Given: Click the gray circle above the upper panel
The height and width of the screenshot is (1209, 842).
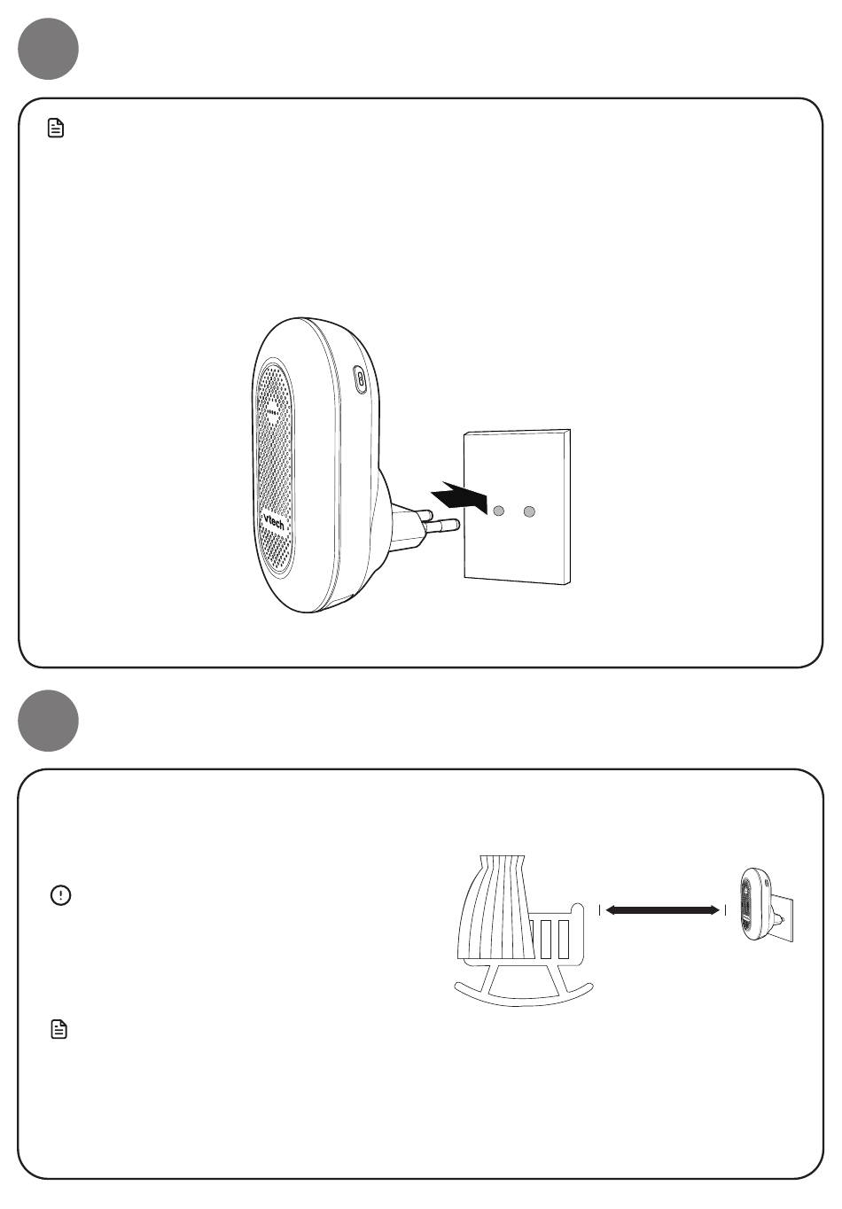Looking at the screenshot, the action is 48,49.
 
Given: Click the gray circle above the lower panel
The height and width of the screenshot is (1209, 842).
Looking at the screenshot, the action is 48,720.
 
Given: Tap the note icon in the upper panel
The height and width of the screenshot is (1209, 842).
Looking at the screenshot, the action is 56,128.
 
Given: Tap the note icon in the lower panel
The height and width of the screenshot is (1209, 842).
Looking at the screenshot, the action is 58,1029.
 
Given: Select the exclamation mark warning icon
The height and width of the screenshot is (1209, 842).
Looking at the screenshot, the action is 60,895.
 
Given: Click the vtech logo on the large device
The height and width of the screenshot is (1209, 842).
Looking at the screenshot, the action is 273,522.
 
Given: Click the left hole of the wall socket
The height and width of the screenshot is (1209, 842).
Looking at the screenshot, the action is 498,510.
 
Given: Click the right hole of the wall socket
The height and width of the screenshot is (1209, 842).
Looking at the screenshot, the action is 529,511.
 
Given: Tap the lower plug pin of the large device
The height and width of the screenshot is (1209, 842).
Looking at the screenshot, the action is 441,525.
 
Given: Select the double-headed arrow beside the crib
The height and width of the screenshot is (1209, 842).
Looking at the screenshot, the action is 662,910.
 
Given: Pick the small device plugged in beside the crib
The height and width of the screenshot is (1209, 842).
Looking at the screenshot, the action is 754,903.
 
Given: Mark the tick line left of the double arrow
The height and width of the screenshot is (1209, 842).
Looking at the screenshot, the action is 599,910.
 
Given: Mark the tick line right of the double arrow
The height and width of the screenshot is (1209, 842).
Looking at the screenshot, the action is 725,910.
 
